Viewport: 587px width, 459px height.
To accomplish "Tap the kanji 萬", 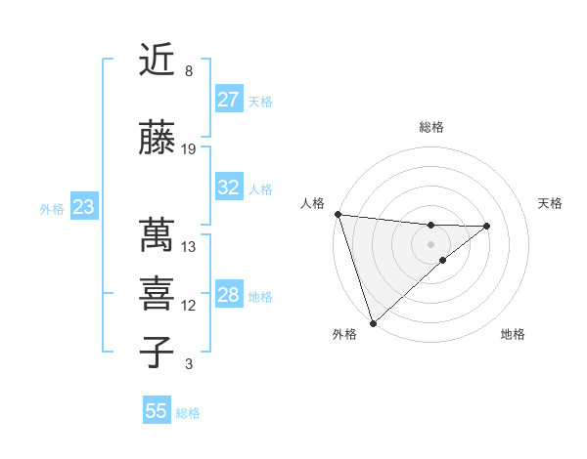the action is pyautogui.click(x=158, y=235).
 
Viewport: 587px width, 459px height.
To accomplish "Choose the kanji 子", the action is pyautogui.click(x=158, y=353).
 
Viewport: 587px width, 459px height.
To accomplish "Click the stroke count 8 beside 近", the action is pyautogui.click(x=188, y=71).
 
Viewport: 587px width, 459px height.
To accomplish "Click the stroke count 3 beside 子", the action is pyautogui.click(x=188, y=364).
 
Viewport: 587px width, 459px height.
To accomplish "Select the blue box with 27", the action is pyautogui.click(x=229, y=100).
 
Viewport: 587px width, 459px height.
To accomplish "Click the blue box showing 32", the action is pyautogui.click(x=229, y=188).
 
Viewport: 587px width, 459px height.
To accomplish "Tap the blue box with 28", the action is pyautogui.click(x=229, y=295).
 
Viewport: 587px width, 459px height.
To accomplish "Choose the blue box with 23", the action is pyautogui.click(x=84, y=207).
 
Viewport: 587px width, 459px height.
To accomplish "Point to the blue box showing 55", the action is pyautogui.click(x=157, y=411).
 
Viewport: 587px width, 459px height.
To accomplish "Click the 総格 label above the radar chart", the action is pyautogui.click(x=431, y=127).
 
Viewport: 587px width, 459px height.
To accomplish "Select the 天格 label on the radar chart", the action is pyautogui.click(x=551, y=203).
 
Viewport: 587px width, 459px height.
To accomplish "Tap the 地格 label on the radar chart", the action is pyautogui.click(x=513, y=335).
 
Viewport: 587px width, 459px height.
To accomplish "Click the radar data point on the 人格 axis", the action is pyautogui.click(x=338, y=214).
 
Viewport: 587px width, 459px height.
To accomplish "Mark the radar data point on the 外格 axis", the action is pyautogui.click(x=373, y=322).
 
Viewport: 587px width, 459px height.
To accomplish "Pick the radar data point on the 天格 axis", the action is pyautogui.click(x=487, y=226).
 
